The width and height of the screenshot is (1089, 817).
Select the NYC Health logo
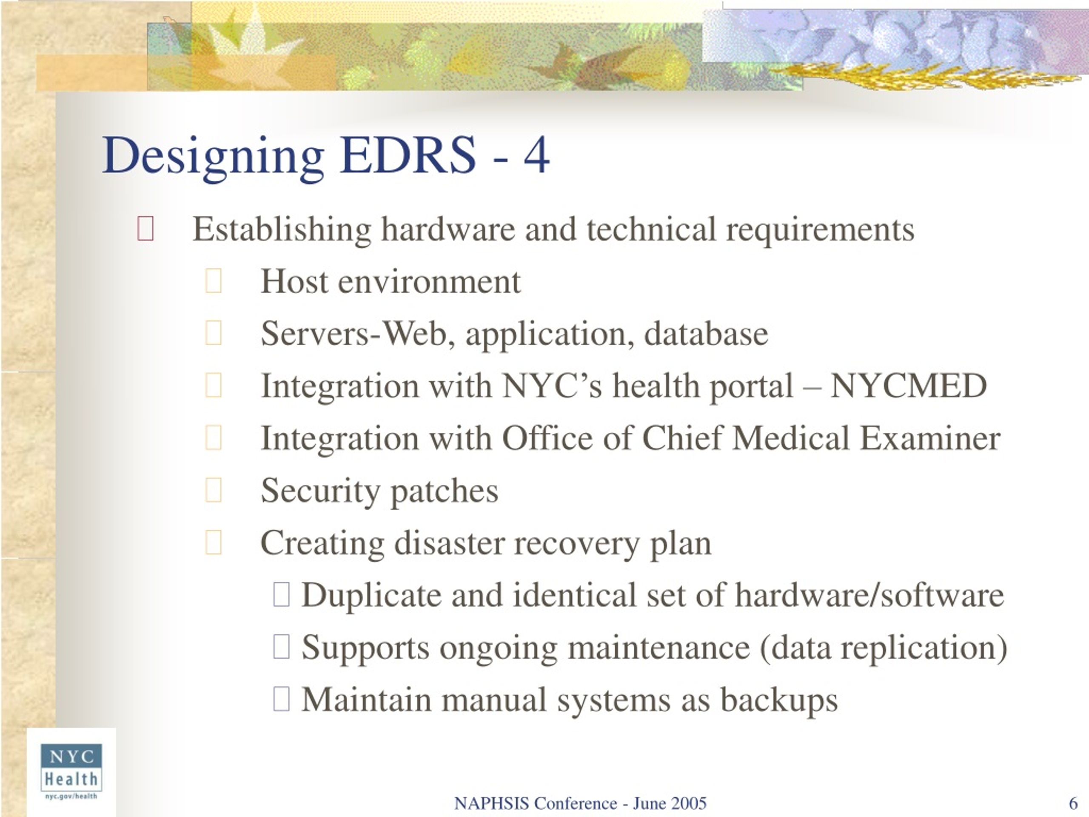point(71,772)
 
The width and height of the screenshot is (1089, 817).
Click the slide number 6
point(1073,803)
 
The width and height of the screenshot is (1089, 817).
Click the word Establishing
point(282,230)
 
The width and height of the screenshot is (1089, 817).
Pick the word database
point(706,334)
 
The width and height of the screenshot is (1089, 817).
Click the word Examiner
point(929,438)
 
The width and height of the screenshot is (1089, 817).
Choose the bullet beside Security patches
point(213,490)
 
